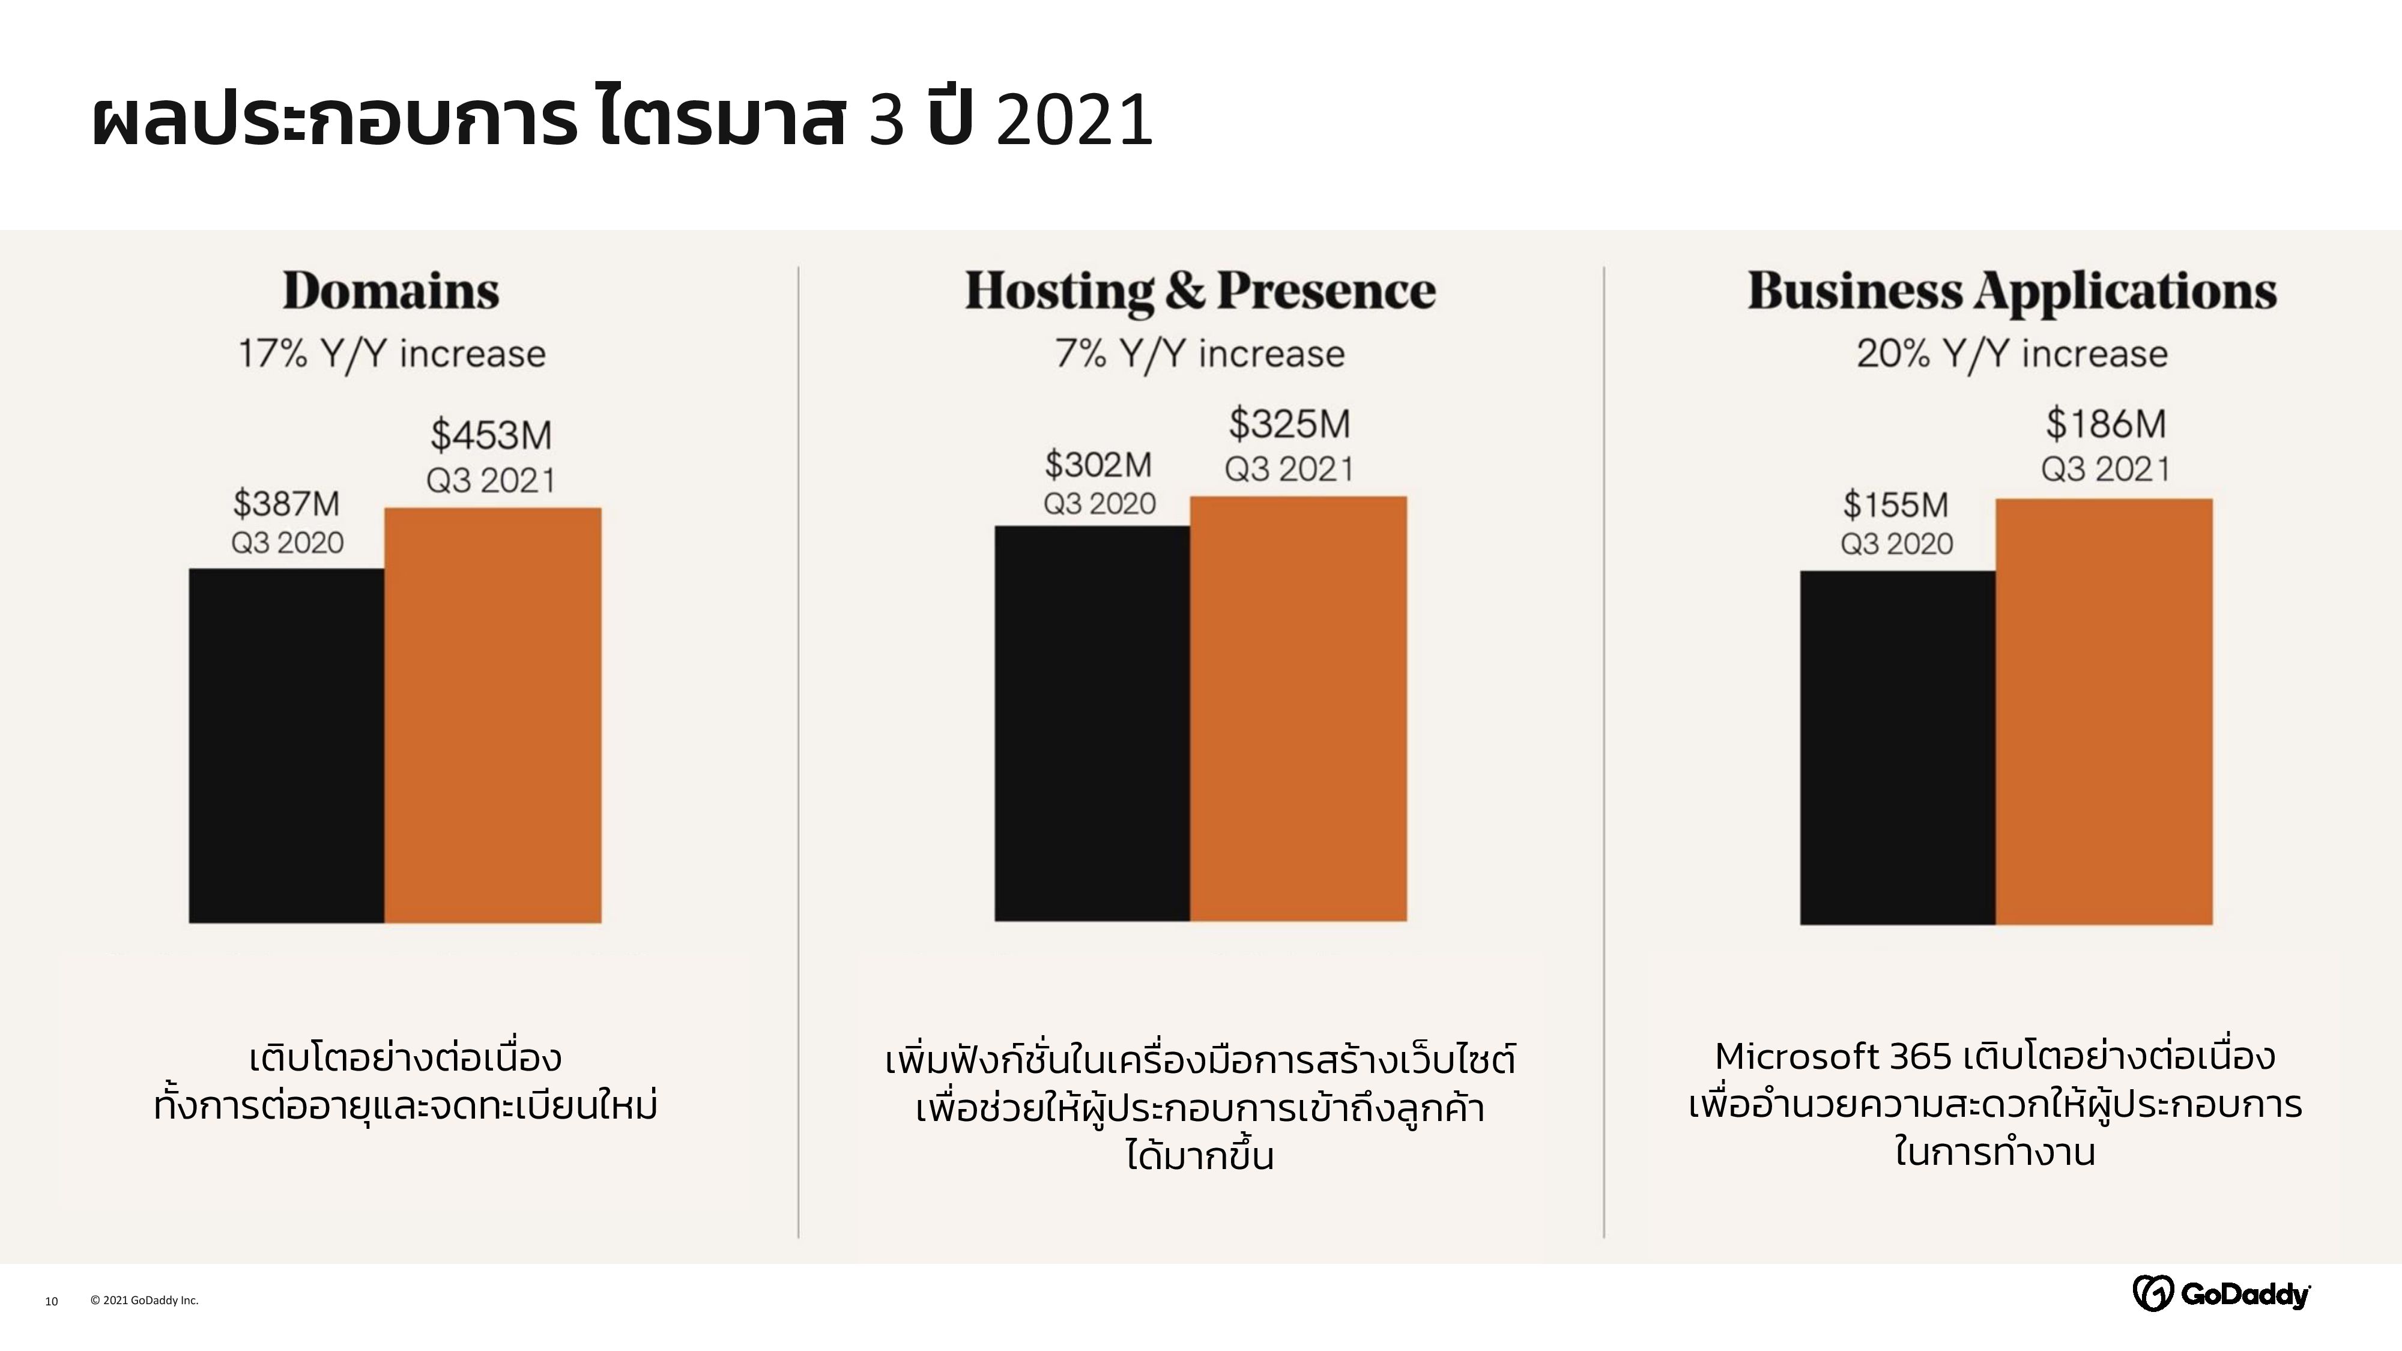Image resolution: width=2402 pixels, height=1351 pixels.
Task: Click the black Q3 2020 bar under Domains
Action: pyautogui.click(x=286, y=746)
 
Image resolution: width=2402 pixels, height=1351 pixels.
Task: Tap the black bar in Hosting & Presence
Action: pyautogui.click(x=1092, y=724)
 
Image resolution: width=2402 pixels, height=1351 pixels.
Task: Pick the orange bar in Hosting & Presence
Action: pyautogui.click(x=1298, y=709)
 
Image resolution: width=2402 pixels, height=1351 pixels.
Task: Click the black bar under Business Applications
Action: pyautogui.click(x=1898, y=748)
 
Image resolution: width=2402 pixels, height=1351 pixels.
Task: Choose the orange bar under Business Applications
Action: pyautogui.click(x=2104, y=712)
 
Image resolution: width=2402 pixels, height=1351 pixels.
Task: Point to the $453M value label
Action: pyautogui.click(x=491, y=435)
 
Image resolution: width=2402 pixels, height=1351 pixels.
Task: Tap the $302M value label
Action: pyautogui.click(x=1098, y=464)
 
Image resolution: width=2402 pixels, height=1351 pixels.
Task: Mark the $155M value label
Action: pyautogui.click(x=1896, y=506)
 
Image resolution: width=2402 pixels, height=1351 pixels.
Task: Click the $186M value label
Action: pyautogui.click(x=2105, y=425)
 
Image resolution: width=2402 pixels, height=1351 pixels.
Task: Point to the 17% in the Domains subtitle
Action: pyautogui.click(x=272, y=354)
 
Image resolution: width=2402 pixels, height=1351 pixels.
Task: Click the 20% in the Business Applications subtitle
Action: pyautogui.click(x=1893, y=354)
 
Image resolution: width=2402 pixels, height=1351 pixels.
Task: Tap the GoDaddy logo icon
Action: pyautogui.click(x=2152, y=1293)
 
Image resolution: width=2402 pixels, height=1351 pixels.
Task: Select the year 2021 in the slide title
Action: pyautogui.click(x=1074, y=121)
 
